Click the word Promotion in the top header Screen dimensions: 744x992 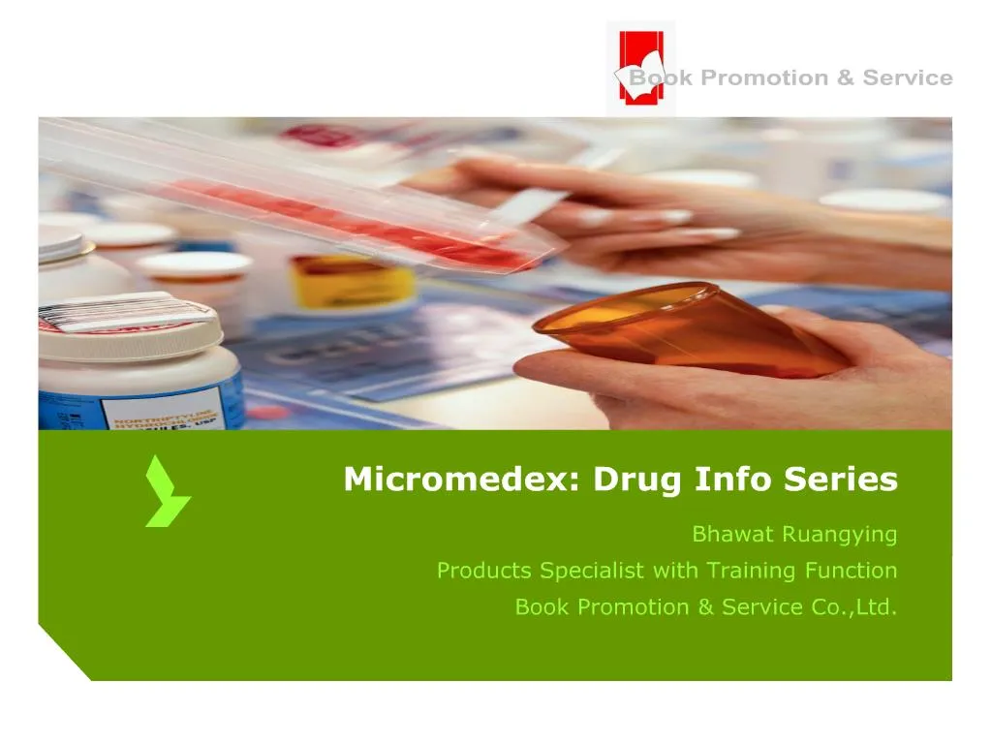(763, 78)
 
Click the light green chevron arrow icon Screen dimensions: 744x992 (166, 492)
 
